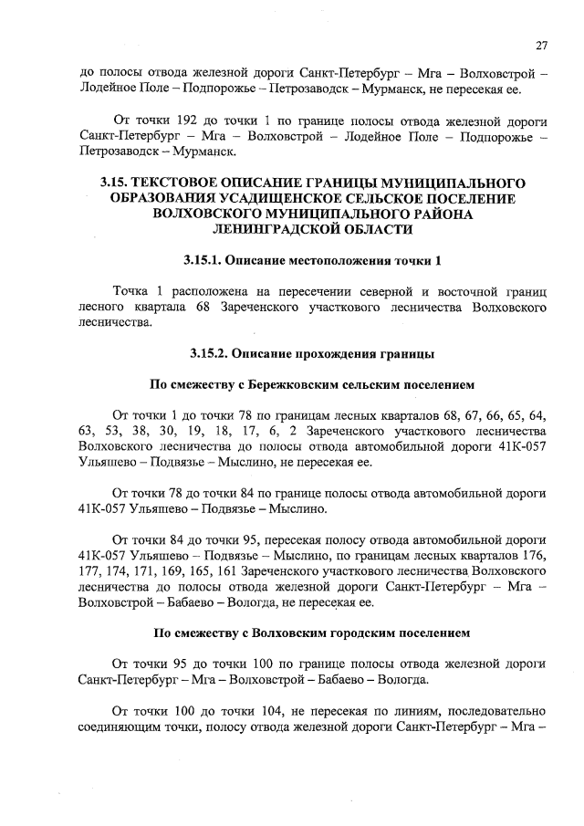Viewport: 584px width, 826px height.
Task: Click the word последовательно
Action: click(491, 710)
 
